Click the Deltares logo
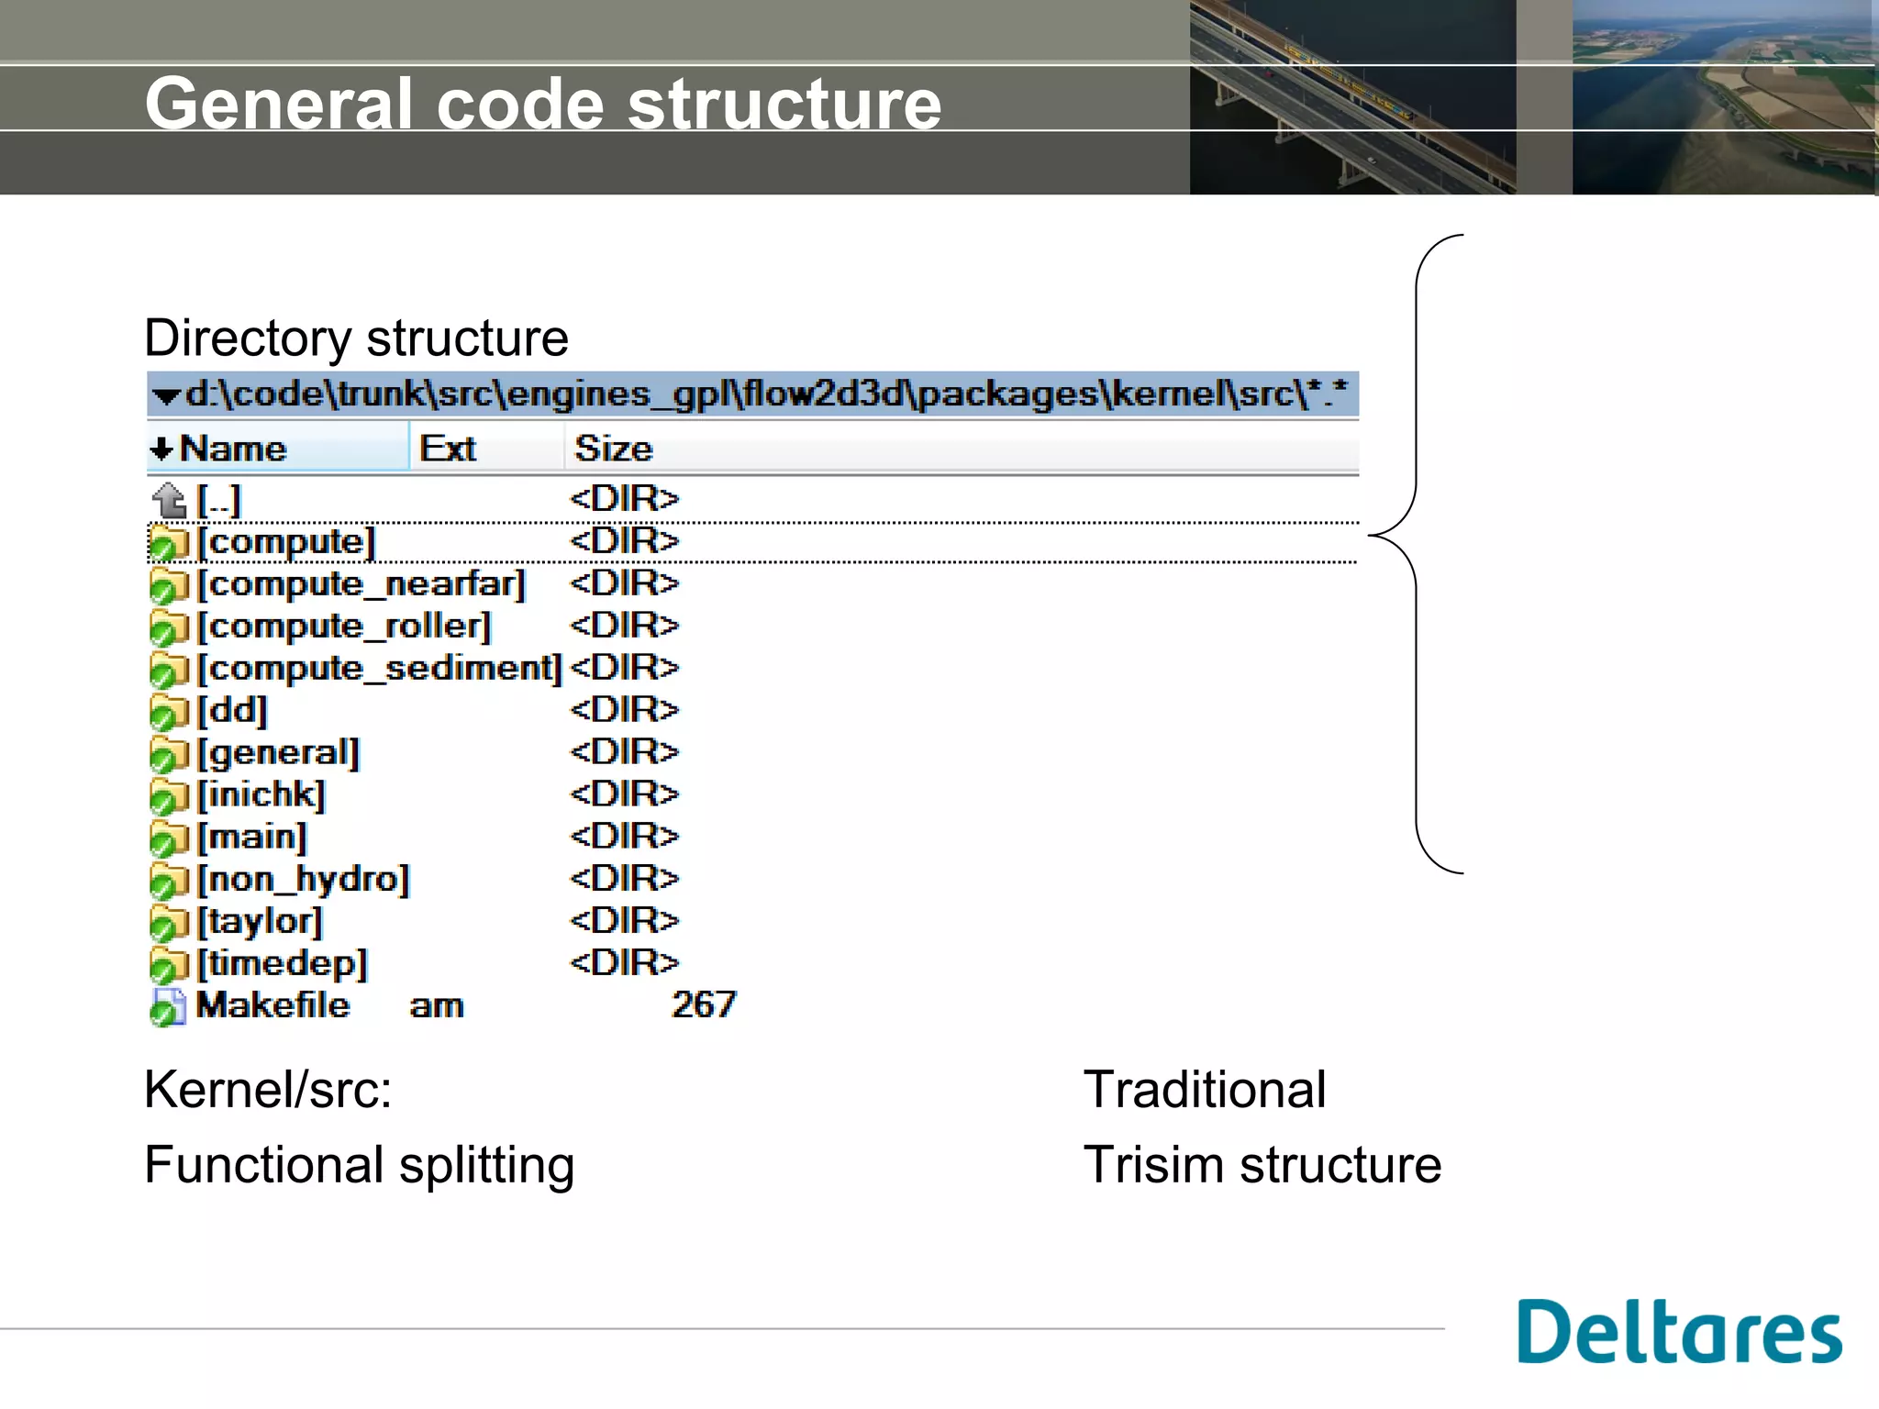pos(1679,1332)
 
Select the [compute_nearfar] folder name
pos(361,584)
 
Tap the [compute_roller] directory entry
pos(345,627)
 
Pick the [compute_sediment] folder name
pos(380,669)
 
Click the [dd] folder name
pos(232,711)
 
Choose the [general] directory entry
pos(279,753)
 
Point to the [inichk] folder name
pos(261,795)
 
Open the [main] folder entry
pos(252,838)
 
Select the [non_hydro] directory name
pos(304,880)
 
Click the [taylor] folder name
pos(261,922)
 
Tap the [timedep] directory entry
pos(283,964)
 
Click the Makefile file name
pos(272,1006)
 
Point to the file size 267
pos(704,1005)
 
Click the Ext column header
pos(448,449)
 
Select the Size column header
pos(613,449)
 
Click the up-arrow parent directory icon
pos(170,500)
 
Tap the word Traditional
pos(1205,1090)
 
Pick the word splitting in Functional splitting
pos(486,1166)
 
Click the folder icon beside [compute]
pos(168,543)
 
